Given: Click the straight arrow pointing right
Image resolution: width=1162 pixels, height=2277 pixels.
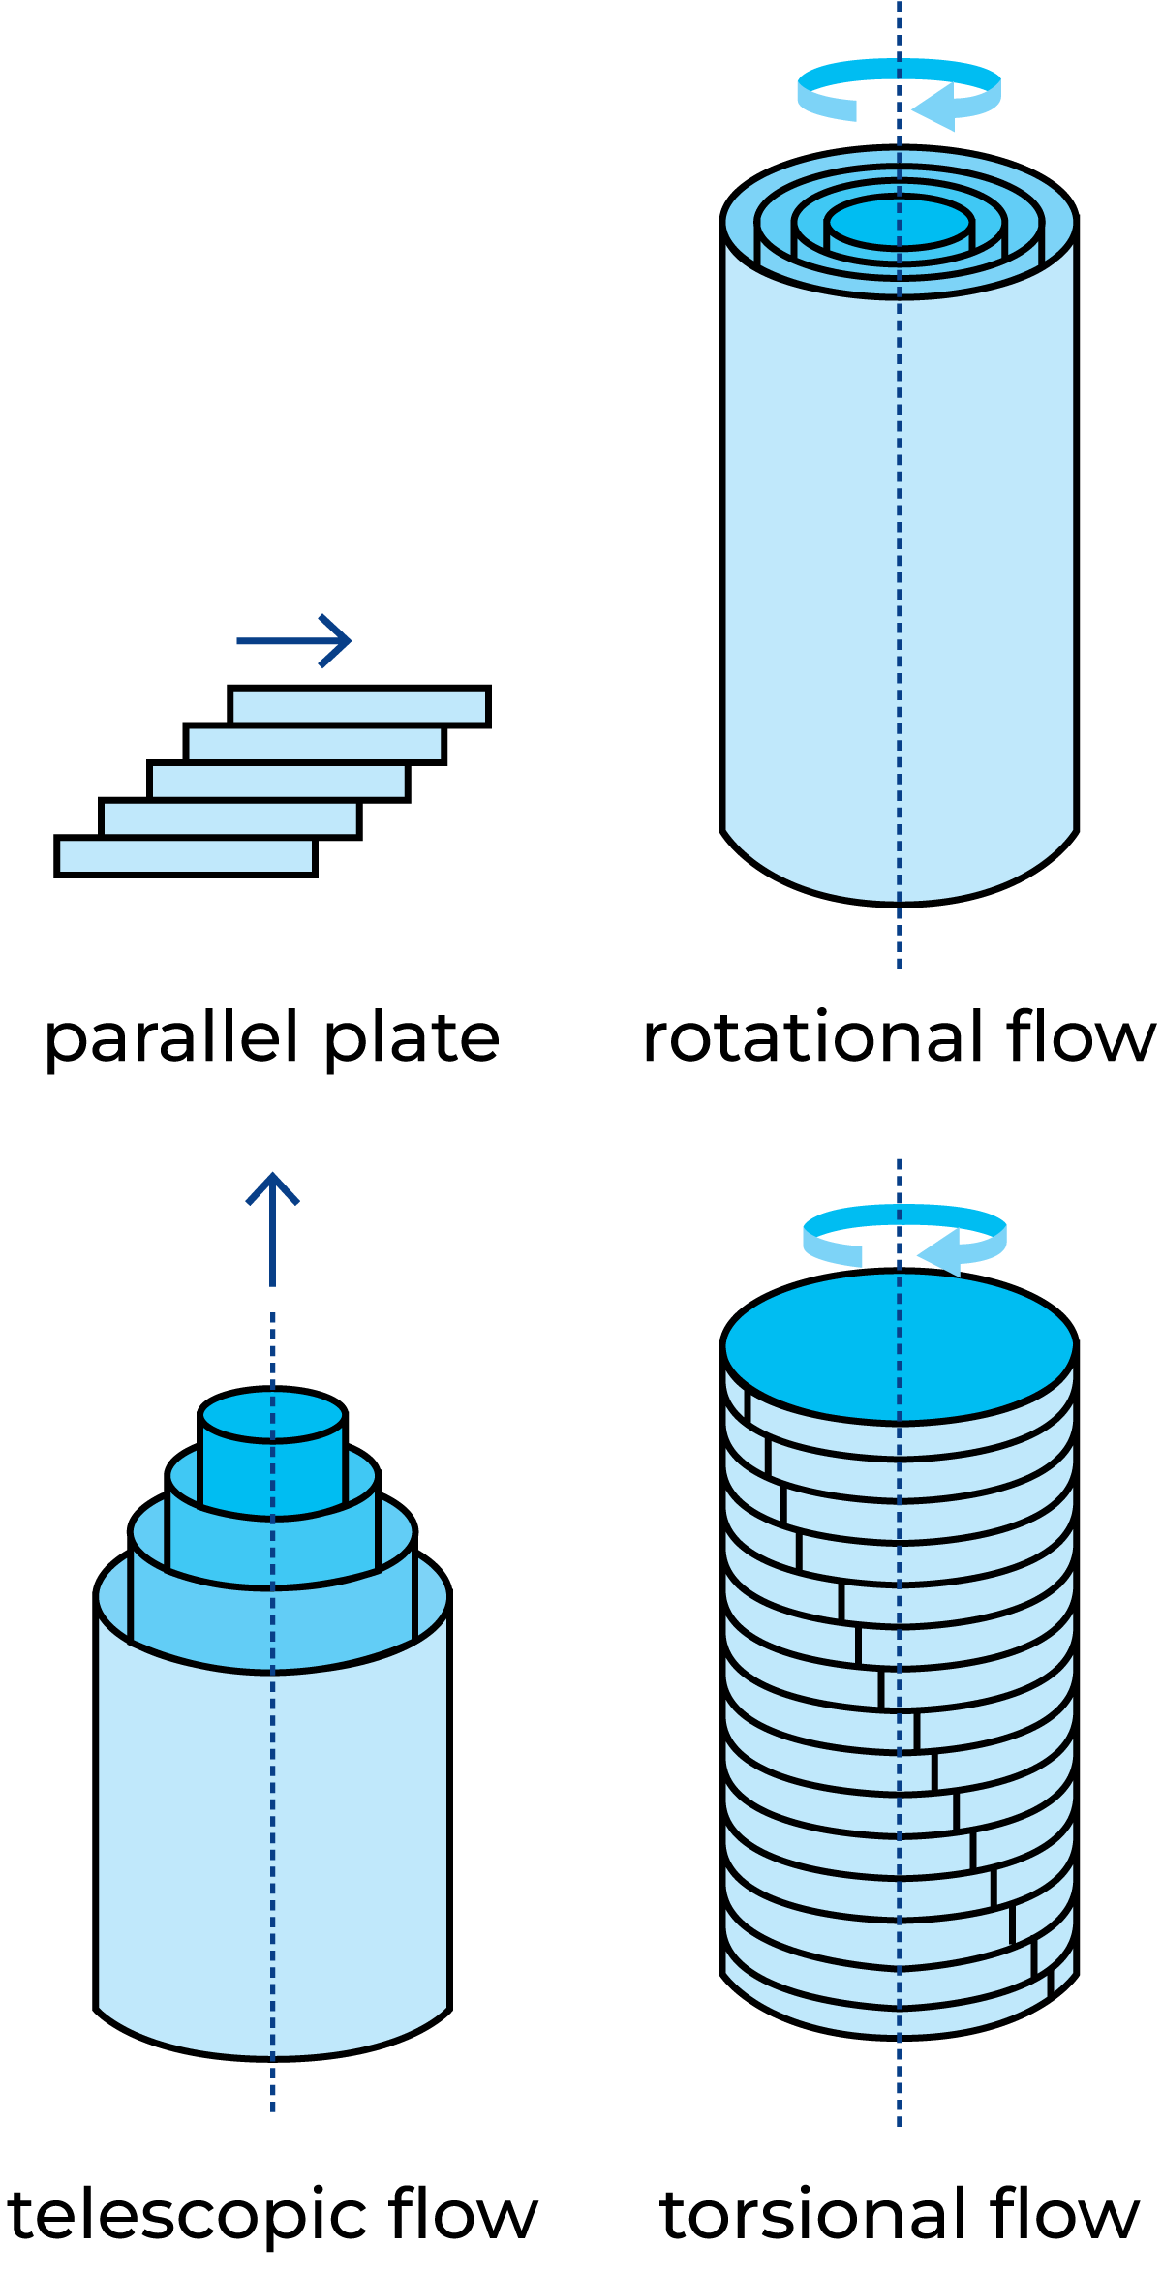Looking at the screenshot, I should pos(290,641).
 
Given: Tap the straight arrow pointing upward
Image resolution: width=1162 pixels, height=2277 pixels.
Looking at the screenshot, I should pos(273,1230).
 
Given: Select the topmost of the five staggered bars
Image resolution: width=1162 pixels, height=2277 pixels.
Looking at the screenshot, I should pos(359,707).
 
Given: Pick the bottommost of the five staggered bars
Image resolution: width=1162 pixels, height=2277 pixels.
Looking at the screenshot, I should pos(186,856).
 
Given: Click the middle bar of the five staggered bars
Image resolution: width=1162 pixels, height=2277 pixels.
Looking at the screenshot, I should pos(279,782).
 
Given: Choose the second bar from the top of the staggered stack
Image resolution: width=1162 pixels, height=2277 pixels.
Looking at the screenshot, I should pos(315,744).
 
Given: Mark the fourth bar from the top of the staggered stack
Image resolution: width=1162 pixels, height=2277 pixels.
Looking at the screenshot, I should pos(230,818).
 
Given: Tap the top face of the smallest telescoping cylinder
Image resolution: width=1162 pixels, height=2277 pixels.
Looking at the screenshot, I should pos(272,1415).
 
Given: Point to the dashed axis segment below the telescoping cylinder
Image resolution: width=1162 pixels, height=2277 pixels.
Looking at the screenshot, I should pos(273,2082).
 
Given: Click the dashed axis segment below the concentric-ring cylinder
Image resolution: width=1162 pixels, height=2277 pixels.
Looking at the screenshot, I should pos(900,935).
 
